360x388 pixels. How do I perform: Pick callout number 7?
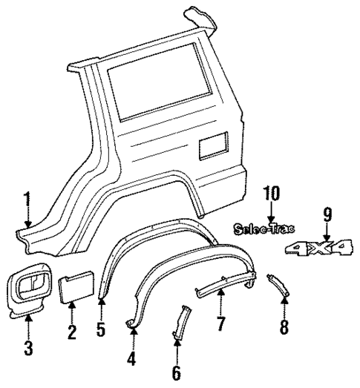pyautogui.click(x=221, y=324)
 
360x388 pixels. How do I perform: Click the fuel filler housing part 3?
pyautogui.click(x=30, y=292)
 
